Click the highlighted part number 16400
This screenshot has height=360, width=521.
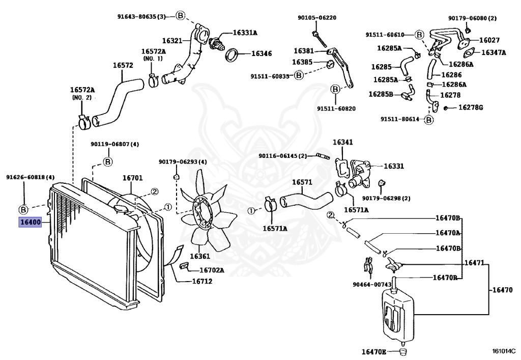(x=30, y=223)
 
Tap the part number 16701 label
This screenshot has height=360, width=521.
(x=132, y=178)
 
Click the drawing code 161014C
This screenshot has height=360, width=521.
(x=503, y=351)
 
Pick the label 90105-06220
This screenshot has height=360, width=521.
(x=317, y=18)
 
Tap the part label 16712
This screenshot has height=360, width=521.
(x=201, y=281)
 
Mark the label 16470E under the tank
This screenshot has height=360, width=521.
(x=374, y=352)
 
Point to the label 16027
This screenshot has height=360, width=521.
(x=489, y=40)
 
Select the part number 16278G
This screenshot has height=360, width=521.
(x=471, y=107)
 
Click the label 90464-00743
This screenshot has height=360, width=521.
(x=372, y=284)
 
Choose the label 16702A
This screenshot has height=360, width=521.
(x=211, y=270)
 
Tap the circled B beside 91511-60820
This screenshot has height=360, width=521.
(x=335, y=90)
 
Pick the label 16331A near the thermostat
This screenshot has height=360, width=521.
(x=245, y=33)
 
